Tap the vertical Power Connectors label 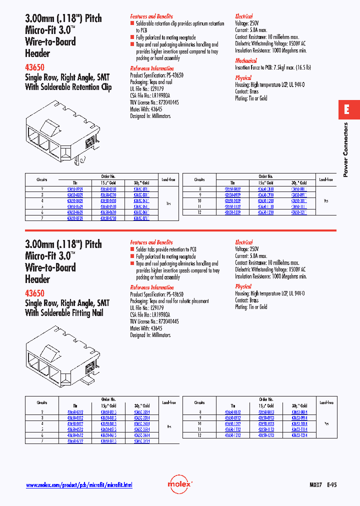[345, 149]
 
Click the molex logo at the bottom [179, 484]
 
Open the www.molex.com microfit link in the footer [79, 485]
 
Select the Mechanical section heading [246, 61]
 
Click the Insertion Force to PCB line [273, 67]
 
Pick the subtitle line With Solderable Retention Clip [68, 86]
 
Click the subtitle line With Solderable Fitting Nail [64, 312]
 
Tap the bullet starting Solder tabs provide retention [165, 249]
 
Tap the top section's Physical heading [243, 78]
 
